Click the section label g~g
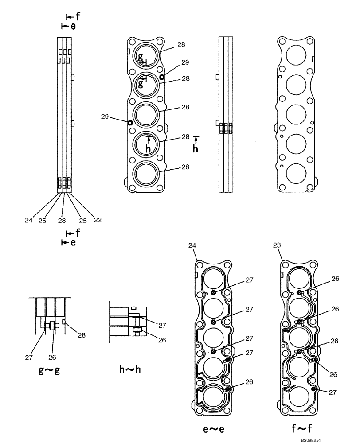49,370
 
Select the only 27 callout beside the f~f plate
333,392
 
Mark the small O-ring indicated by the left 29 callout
130,123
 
